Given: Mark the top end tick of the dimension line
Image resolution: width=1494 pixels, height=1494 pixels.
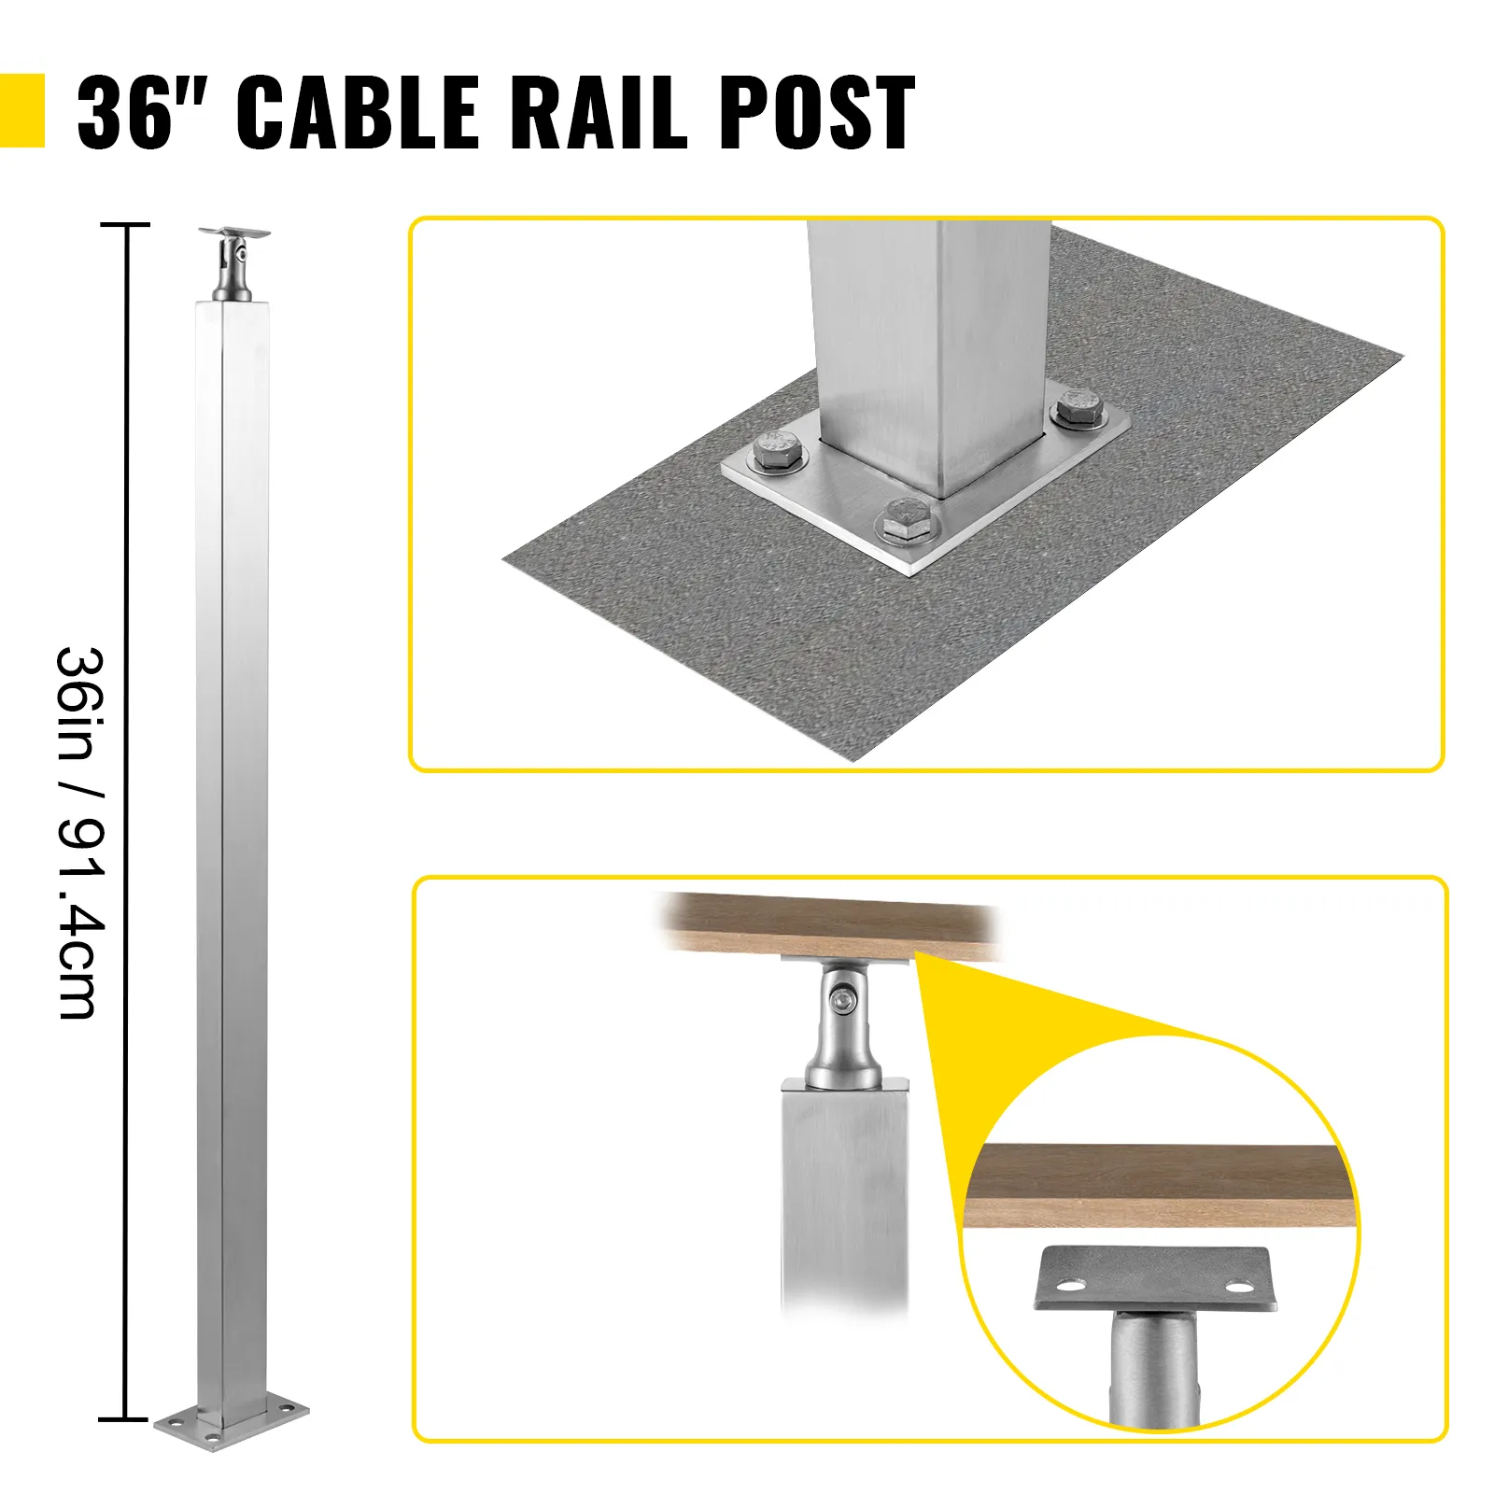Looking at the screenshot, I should (x=124, y=225).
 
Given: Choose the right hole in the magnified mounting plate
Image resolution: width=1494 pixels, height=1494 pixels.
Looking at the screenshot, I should (x=1238, y=1289).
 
